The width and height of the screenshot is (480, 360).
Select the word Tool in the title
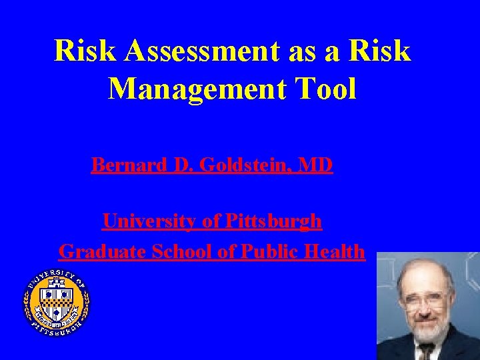click(328, 88)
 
